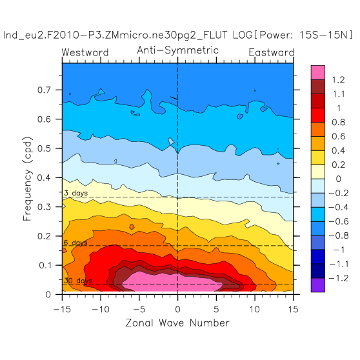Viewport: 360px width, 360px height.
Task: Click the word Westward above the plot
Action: (x=85, y=52)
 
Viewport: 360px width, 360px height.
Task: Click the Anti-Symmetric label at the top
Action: (x=177, y=50)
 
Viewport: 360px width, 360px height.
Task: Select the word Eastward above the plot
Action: (x=271, y=52)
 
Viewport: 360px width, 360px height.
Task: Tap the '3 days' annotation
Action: (x=75, y=193)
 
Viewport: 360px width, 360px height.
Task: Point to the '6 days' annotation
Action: (x=75, y=243)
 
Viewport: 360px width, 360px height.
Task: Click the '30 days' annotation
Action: (x=78, y=281)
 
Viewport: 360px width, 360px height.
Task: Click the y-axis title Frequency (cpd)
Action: (x=27, y=179)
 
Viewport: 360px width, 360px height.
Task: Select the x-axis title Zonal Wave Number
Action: (x=177, y=323)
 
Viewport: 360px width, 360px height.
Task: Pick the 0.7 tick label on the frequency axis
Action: (x=44, y=90)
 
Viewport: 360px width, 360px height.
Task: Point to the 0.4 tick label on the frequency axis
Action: (x=44, y=177)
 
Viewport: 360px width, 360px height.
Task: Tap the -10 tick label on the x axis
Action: (x=101, y=310)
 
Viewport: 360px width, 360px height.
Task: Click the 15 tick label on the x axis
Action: (x=293, y=310)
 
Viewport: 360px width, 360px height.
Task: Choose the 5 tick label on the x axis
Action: (x=216, y=310)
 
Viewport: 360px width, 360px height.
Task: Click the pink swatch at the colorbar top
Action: (x=318, y=72)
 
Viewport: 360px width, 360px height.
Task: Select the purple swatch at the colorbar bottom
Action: (x=318, y=285)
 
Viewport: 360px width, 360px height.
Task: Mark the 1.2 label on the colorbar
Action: (x=339, y=80)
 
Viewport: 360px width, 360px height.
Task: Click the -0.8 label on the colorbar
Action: (x=339, y=235)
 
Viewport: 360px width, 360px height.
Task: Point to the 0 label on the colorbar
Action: (x=339, y=179)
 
